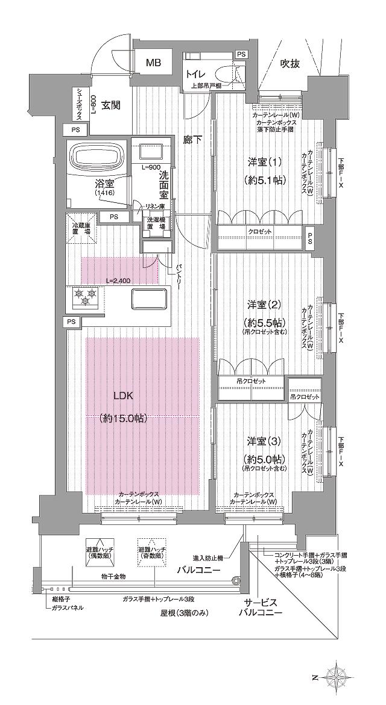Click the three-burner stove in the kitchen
(x=83, y=296)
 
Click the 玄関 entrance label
(x=110, y=105)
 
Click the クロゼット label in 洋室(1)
(x=259, y=232)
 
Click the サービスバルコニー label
(x=261, y=608)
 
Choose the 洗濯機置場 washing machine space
(x=157, y=224)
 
